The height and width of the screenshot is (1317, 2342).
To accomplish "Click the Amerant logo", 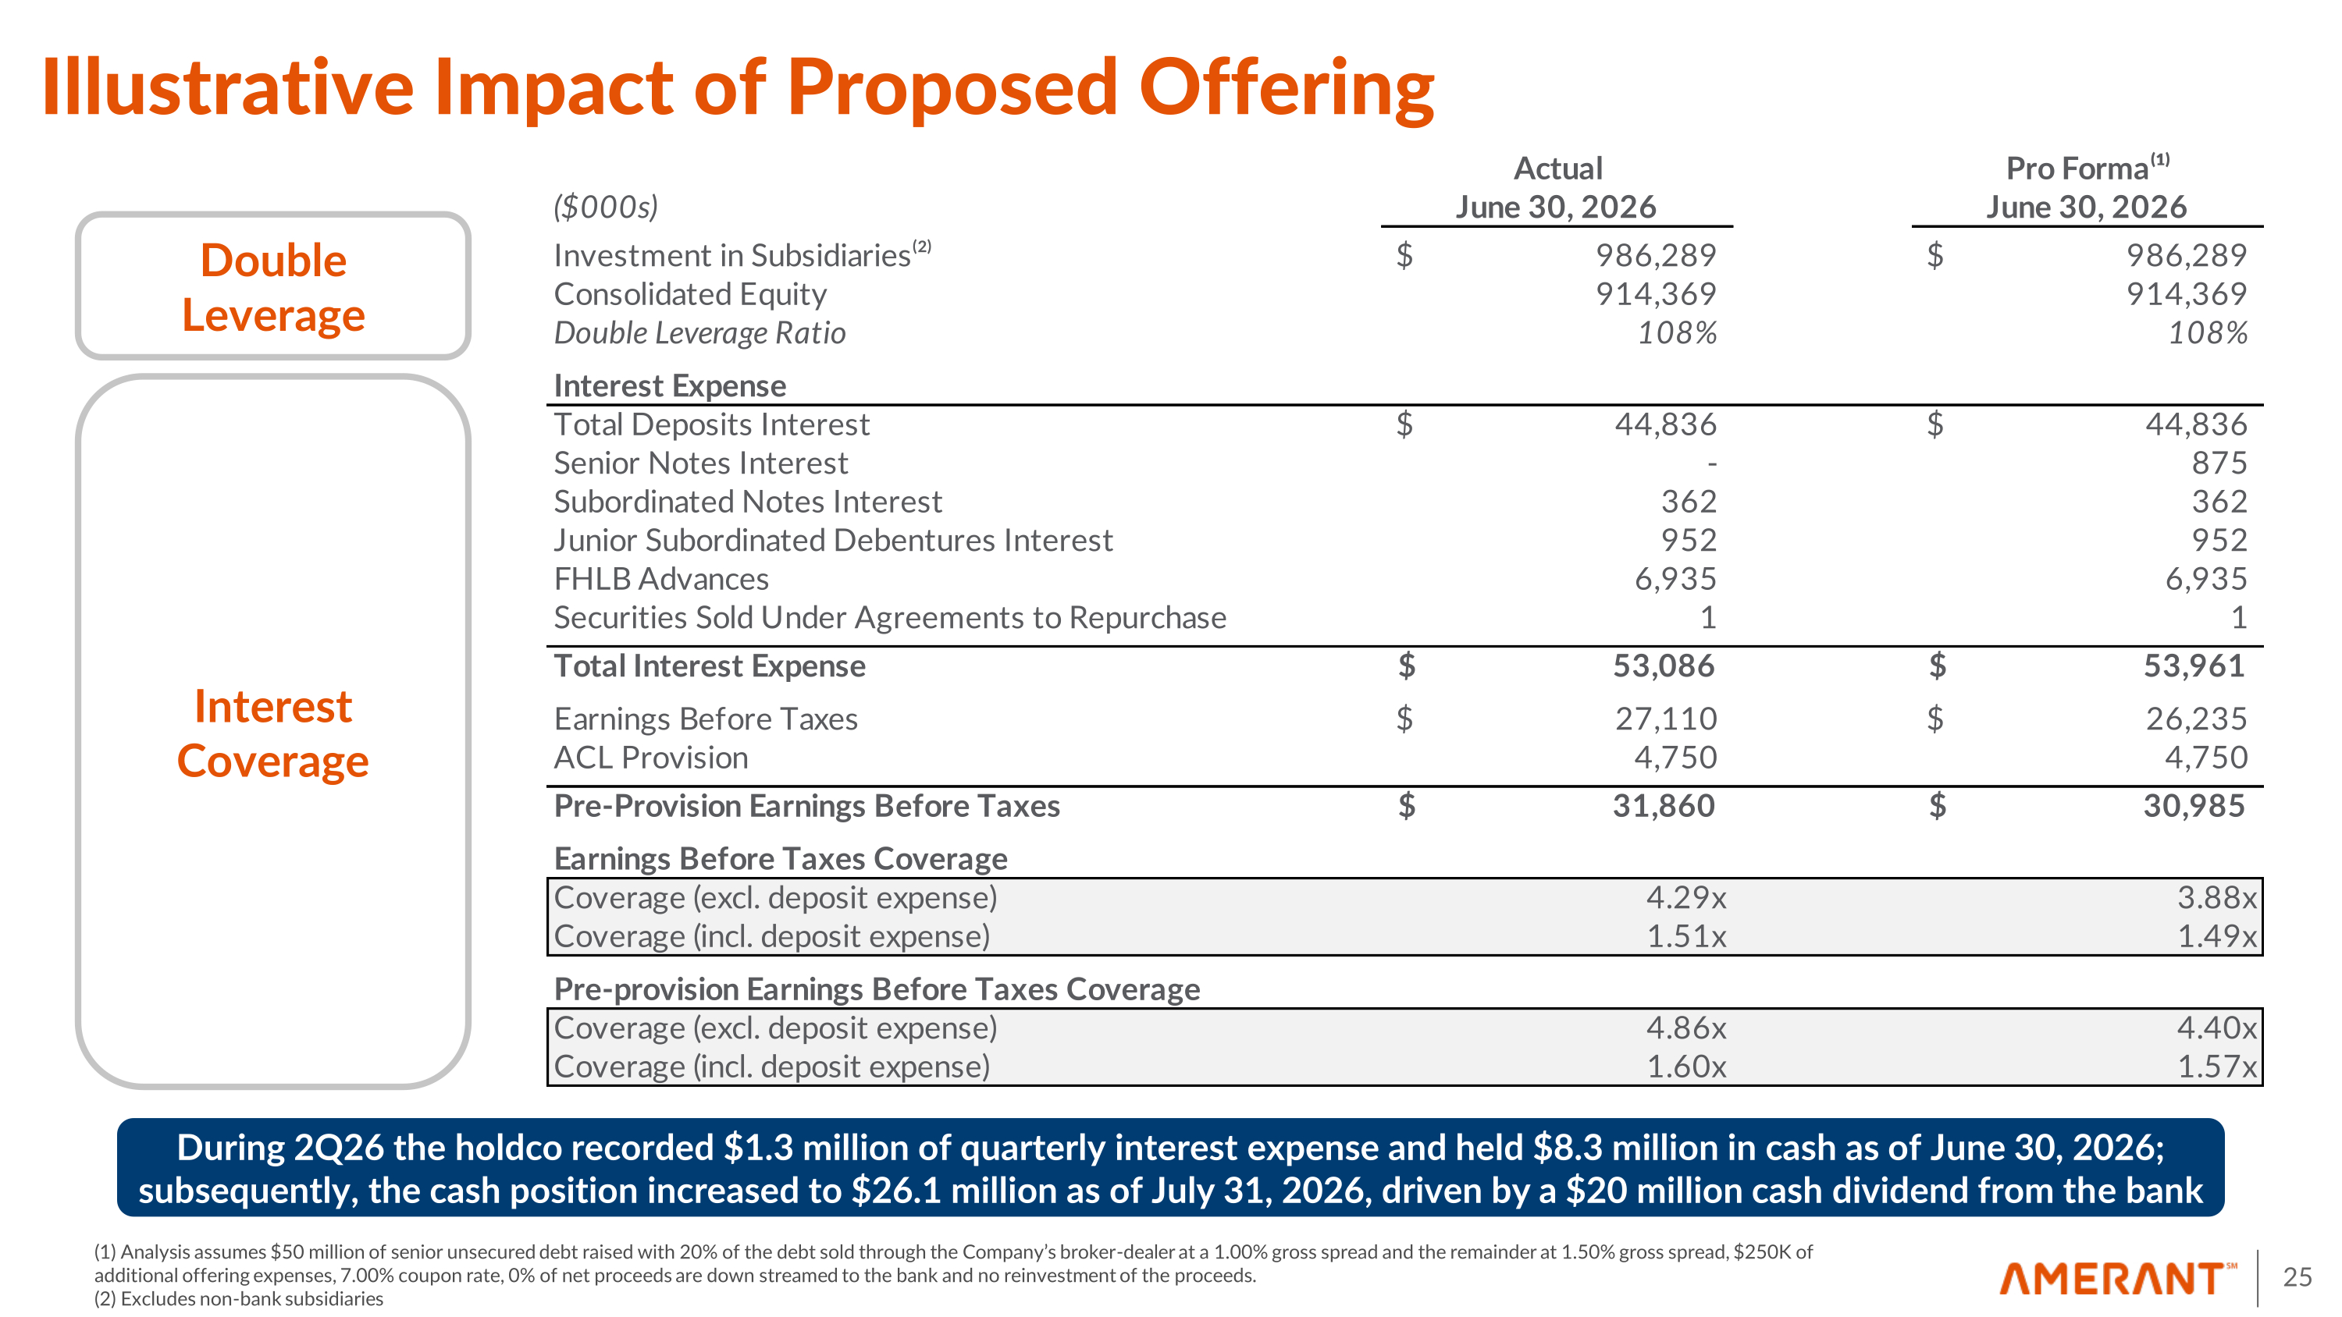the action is pyautogui.click(x=2117, y=1278).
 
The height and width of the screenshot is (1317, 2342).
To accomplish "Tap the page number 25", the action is pyautogui.click(x=2298, y=1277).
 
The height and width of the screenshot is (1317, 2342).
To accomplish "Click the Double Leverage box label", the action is pyautogui.click(x=272, y=287).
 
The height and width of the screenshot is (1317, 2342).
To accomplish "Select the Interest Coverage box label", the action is pyautogui.click(x=272, y=733).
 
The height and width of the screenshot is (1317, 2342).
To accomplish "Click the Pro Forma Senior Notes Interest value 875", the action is pyautogui.click(x=2219, y=463).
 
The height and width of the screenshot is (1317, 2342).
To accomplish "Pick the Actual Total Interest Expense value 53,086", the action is pyautogui.click(x=1664, y=666).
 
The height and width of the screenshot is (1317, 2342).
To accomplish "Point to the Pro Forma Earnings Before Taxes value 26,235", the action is pyautogui.click(x=2197, y=719).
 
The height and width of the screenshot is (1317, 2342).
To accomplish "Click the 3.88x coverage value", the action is pyautogui.click(x=2216, y=898).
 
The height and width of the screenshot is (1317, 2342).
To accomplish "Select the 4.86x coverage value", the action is pyautogui.click(x=1686, y=1028).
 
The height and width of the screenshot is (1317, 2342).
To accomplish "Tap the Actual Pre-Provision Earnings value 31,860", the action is pyautogui.click(x=1664, y=806).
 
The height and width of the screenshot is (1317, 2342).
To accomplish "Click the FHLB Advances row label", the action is pyautogui.click(x=661, y=579).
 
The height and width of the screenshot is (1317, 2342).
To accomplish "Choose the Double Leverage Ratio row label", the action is pyautogui.click(x=699, y=334).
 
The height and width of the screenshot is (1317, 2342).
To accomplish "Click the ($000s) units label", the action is pyautogui.click(x=606, y=208).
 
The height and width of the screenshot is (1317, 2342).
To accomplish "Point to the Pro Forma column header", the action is pyautogui.click(x=2087, y=187).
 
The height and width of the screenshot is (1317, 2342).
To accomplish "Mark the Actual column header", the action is pyautogui.click(x=1557, y=187).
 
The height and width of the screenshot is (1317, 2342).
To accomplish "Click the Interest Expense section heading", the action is pyautogui.click(x=670, y=385).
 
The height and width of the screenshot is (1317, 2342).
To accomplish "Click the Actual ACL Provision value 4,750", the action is pyautogui.click(x=1675, y=758).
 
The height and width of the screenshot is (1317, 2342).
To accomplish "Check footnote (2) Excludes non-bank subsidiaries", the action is pyautogui.click(x=238, y=1299).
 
